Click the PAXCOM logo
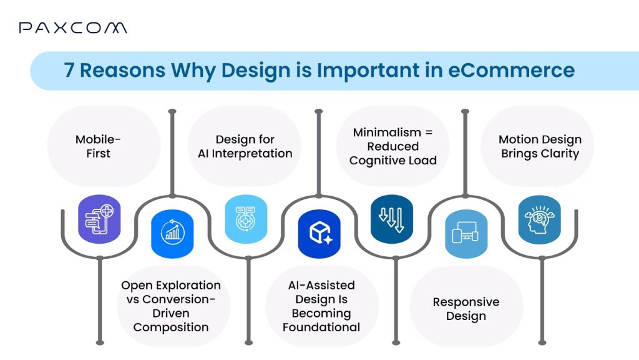coord(72,27)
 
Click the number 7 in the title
coord(69,70)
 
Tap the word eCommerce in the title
coord(512,70)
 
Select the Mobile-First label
coord(98,146)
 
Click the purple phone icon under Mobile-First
coord(99,219)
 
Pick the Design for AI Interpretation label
coord(245,146)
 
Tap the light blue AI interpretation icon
coord(245,219)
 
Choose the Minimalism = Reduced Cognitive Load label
coord(393,146)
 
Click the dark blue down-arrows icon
coord(392,219)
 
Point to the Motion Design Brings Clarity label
coord(540,146)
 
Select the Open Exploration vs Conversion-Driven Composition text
coord(171,306)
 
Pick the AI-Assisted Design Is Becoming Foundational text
coord(321,306)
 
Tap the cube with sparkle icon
coord(319,233)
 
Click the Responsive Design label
coord(466,309)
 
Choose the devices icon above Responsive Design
coord(466,234)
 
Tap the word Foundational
coord(321,327)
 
